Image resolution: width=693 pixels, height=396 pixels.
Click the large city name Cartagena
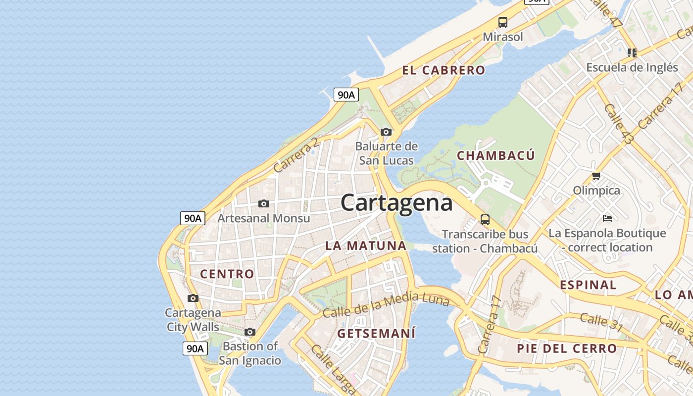coord(396,203)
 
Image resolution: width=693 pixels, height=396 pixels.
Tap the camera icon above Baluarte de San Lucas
coord(386,132)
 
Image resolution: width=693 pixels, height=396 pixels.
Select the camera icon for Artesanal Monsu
coord(264,203)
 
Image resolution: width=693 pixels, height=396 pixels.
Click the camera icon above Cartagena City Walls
coord(193,298)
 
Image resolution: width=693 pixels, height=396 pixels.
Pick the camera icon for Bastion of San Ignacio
coord(250,332)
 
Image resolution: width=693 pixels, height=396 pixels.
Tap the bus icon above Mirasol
coord(503,22)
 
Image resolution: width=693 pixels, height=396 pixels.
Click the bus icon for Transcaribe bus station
coord(485,219)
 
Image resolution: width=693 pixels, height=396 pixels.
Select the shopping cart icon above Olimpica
coord(596,176)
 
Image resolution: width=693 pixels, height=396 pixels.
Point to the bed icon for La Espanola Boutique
coord(607,218)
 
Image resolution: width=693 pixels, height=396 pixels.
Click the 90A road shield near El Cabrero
coord(346,95)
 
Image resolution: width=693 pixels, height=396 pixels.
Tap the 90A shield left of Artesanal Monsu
coord(193,218)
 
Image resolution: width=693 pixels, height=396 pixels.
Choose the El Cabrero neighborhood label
coord(444,70)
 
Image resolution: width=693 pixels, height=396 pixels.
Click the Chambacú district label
coord(496,155)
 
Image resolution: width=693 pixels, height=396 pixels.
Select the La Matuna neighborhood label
coord(366,246)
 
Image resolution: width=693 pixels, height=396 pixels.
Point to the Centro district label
coord(227,274)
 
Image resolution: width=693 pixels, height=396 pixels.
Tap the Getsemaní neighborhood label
coord(376,334)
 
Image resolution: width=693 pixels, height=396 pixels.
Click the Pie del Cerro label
coord(567,348)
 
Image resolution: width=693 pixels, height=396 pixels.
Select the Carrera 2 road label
coord(296,155)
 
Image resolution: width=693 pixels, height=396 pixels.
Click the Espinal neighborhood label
coord(588,285)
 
